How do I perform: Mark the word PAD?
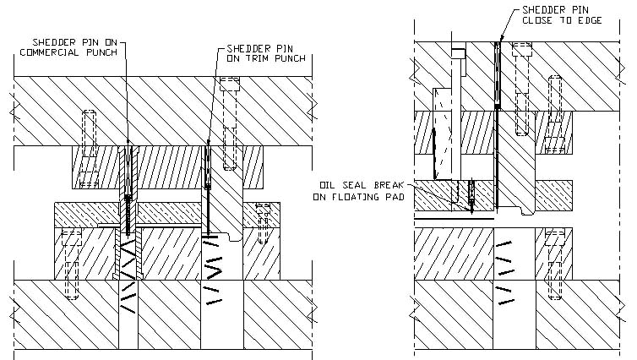click(395, 196)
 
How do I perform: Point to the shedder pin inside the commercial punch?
click(128, 182)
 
